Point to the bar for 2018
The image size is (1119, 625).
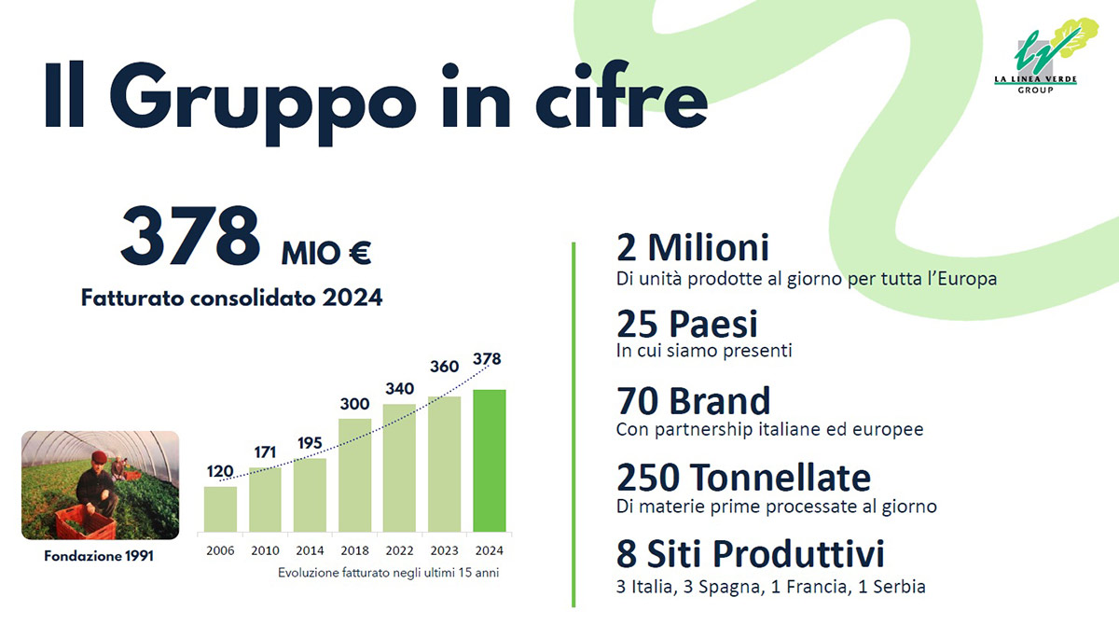pyautogui.click(x=354, y=476)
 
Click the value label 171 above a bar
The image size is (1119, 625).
pyautogui.click(x=265, y=453)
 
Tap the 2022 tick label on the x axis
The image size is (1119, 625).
pyautogui.click(x=399, y=550)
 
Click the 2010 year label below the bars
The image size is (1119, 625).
pyautogui.click(x=265, y=550)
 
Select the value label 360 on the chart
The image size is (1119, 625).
pyautogui.click(x=444, y=367)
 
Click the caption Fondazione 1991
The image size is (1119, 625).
pyautogui.click(x=99, y=557)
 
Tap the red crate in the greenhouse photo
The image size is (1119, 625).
pyautogui.click(x=85, y=521)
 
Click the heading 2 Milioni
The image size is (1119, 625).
pyautogui.click(x=693, y=248)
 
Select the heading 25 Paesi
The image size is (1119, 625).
pyautogui.click(x=687, y=324)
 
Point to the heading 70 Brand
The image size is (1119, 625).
pyautogui.click(x=694, y=401)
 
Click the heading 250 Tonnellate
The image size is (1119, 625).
pyautogui.click(x=743, y=478)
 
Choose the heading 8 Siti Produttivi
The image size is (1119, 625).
pyautogui.click(x=750, y=555)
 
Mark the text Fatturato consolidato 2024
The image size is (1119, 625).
pyautogui.click(x=231, y=299)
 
